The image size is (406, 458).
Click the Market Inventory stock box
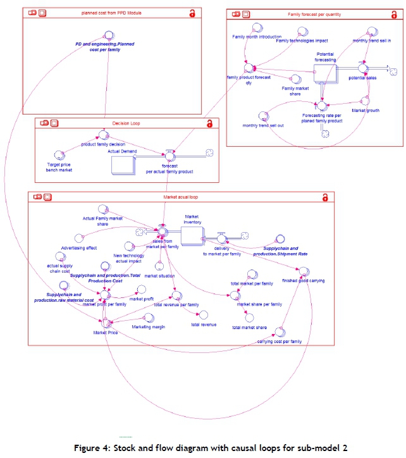(x=192, y=236)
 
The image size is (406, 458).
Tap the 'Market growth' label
(x=365, y=111)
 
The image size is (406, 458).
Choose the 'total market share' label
(x=249, y=327)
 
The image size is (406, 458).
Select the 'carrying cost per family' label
(x=280, y=341)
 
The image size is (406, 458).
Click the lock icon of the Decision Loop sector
(x=209, y=125)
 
